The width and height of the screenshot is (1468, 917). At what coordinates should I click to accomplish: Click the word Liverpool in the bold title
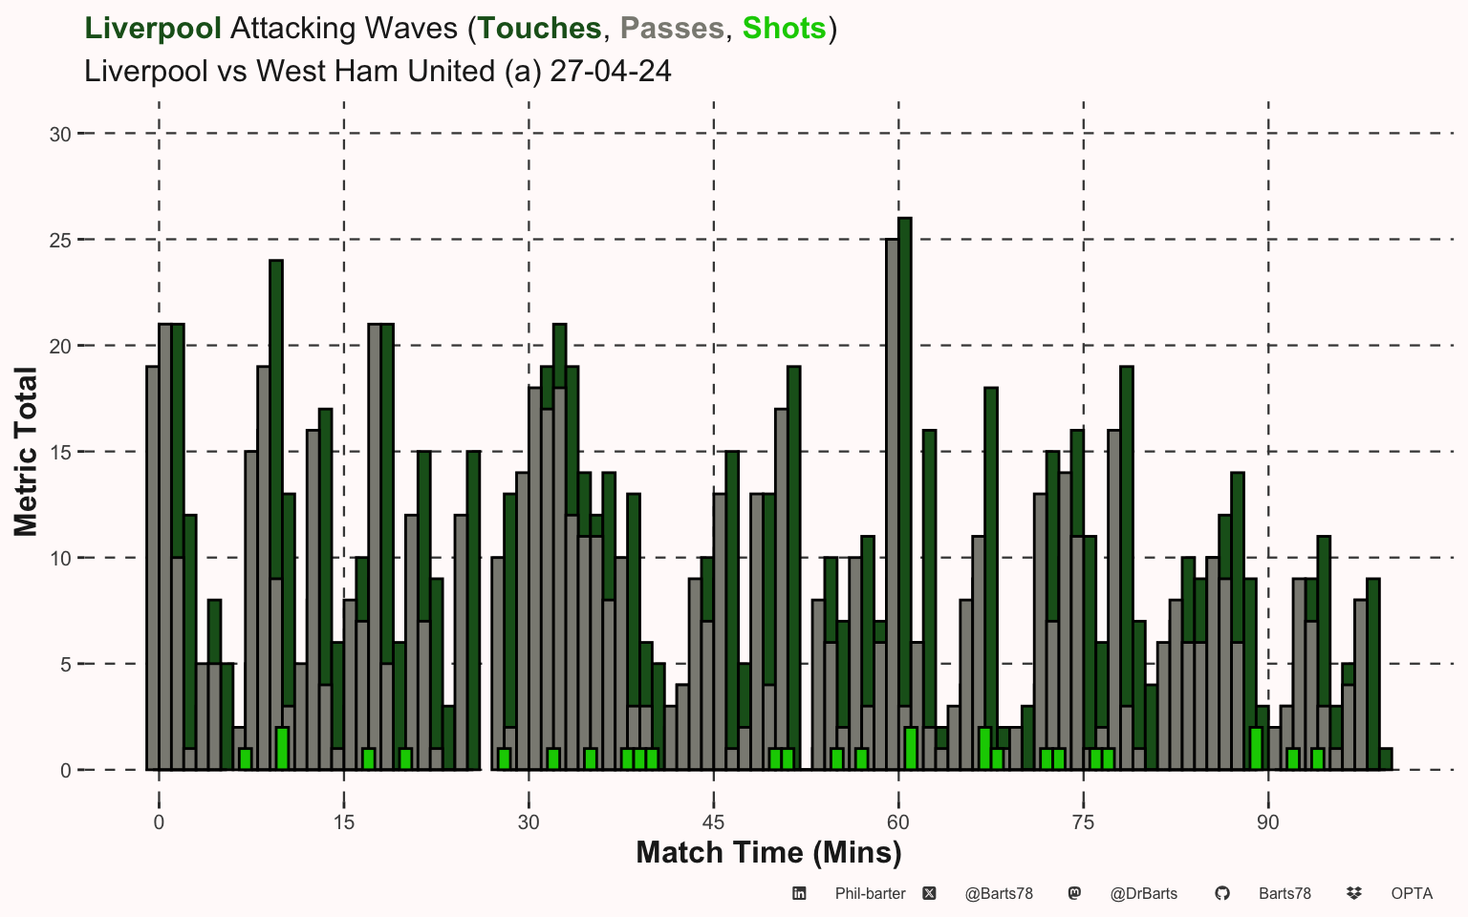[153, 28]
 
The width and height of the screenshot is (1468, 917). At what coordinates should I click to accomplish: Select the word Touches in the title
[539, 28]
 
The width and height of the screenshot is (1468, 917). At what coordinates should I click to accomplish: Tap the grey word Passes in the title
[672, 28]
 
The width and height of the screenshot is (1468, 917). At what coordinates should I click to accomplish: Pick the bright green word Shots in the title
[784, 28]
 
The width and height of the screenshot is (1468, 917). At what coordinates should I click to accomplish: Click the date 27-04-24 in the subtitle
[610, 71]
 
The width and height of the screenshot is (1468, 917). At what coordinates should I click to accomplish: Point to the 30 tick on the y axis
[60, 135]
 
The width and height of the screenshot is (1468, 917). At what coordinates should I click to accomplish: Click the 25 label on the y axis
[60, 241]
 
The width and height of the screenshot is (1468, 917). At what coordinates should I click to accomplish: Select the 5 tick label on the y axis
[66, 665]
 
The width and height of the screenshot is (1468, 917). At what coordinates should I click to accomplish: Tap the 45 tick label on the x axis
[713, 822]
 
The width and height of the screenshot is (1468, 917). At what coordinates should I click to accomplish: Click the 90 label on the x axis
[1268, 822]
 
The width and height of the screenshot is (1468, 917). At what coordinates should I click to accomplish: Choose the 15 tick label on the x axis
[343, 822]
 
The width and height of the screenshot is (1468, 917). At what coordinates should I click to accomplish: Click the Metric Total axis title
[26, 452]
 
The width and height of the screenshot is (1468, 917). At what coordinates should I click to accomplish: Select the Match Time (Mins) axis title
[768, 853]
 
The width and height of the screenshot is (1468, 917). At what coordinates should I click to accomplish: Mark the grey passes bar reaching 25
[892, 504]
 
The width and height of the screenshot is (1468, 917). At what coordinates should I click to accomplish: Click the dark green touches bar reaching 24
[276, 419]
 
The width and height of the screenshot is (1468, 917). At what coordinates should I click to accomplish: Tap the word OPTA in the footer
[1412, 893]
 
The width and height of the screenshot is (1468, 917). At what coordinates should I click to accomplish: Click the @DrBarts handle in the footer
[1144, 893]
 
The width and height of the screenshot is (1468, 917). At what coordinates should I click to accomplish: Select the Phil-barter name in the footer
[871, 893]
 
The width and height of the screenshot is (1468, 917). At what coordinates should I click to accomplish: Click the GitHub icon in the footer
[1222, 893]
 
